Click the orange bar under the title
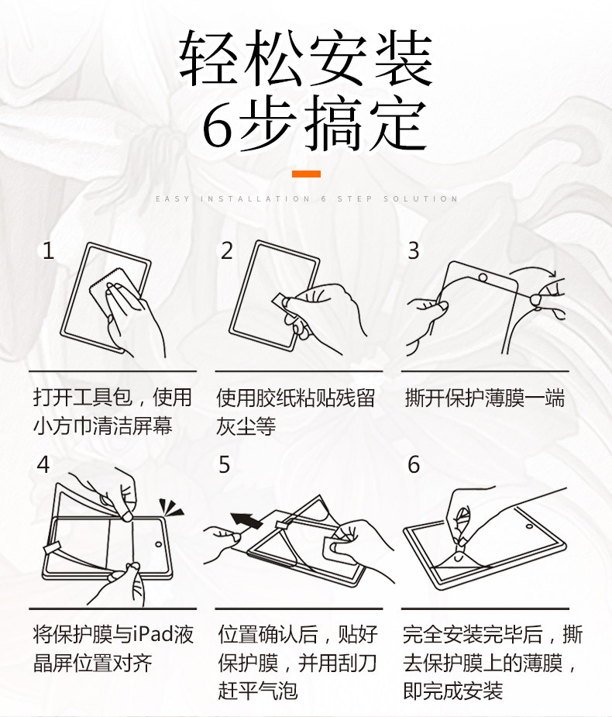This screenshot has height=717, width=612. (306, 174)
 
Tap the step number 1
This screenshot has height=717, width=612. (48, 250)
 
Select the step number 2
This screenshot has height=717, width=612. (227, 250)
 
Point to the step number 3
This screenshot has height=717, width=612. (413, 250)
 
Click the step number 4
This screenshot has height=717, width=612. (43, 464)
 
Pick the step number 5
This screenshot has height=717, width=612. (224, 464)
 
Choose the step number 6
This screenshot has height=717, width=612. (414, 464)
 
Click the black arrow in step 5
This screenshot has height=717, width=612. (247, 520)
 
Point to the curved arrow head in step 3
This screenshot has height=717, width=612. (552, 274)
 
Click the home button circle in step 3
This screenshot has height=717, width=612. (483, 277)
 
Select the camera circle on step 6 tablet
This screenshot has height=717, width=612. (529, 526)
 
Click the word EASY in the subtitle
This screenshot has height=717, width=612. (172, 199)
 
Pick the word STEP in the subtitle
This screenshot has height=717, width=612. (355, 199)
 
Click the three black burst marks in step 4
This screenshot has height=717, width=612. (170, 508)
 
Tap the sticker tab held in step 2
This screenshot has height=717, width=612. (279, 300)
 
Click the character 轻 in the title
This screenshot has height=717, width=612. (208, 57)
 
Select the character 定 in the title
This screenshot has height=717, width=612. (397, 122)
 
